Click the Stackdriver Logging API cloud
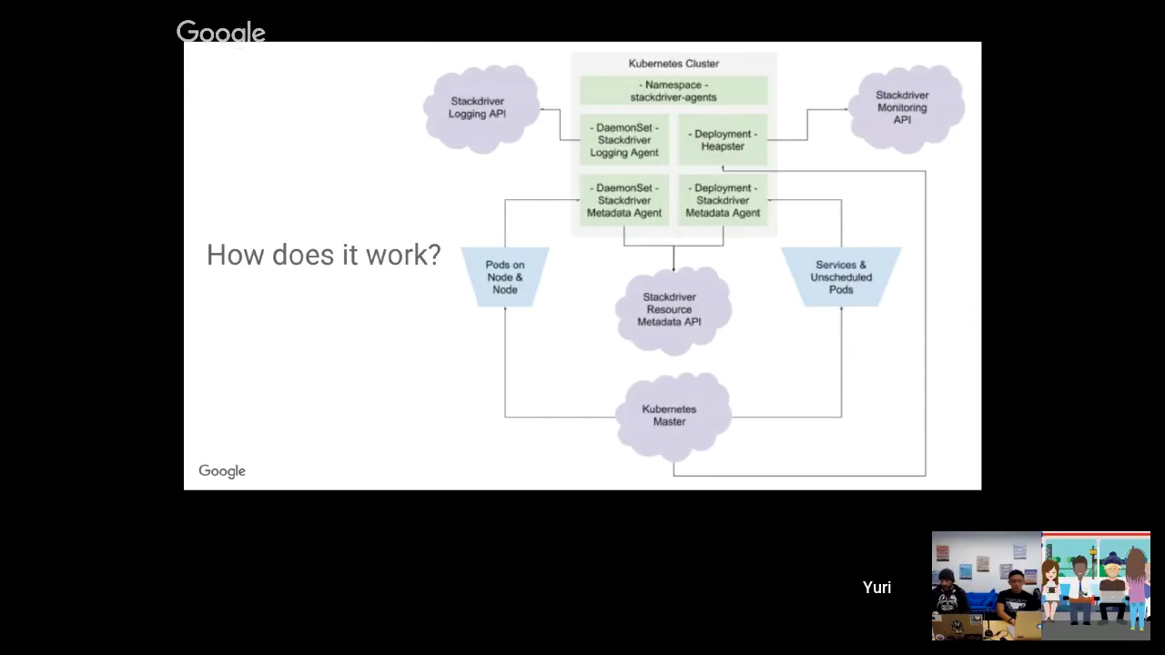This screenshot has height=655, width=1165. coord(480,108)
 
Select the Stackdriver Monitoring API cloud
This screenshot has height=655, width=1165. coord(904,107)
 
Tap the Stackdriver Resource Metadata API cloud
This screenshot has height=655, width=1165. coord(671,310)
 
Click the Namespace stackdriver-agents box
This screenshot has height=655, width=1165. coord(674,91)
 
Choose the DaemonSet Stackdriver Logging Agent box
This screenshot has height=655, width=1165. coord(624,140)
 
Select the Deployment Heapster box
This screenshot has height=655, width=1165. coord(723,140)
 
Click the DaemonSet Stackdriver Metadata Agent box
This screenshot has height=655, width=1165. coord(624,200)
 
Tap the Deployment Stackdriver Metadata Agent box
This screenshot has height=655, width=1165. coord(723,200)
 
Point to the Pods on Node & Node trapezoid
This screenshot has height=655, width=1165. coord(505,277)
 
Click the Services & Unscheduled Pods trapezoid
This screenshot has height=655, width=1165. coord(841,277)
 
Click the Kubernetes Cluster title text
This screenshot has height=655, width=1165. coord(674,64)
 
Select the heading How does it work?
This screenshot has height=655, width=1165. coord(323,256)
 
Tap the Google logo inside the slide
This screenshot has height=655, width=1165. coord(222,471)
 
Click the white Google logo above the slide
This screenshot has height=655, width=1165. coord(221,33)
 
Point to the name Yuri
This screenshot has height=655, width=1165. coord(876,588)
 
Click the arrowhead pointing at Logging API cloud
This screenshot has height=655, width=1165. coord(543,110)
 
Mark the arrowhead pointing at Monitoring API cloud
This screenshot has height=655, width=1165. coord(846,110)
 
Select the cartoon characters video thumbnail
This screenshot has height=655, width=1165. coord(1096,587)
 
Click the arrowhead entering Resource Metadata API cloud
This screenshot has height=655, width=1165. coord(674,267)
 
